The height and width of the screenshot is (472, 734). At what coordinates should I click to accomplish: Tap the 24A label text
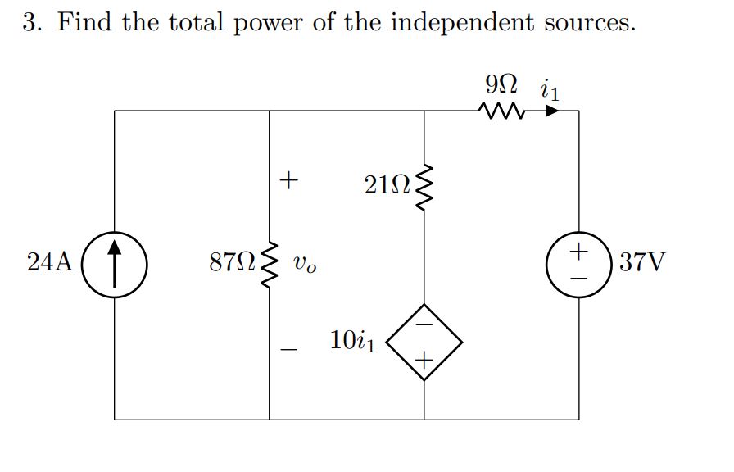click(x=50, y=263)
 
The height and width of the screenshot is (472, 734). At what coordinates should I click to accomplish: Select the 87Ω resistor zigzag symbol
click(x=270, y=264)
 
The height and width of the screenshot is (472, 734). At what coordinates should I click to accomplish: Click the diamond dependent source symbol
click(x=424, y=341)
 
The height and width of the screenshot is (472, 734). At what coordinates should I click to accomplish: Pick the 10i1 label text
click(x=353, y=340)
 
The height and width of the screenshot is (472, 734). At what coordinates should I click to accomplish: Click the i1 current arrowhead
click(x=553, y=111)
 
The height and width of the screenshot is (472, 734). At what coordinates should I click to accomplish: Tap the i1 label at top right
click(x=550, y=87)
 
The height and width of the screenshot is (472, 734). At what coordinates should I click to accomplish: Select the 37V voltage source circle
click(x=579, y=264)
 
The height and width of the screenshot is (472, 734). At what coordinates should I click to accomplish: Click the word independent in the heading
click(x=461, y=22)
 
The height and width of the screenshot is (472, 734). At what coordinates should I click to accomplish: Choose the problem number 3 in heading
click(x=31, y=22)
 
